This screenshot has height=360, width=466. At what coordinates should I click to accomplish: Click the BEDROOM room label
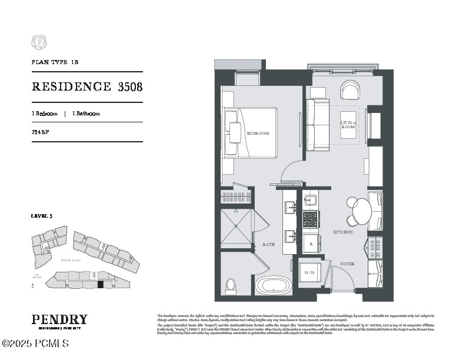pos(258,134)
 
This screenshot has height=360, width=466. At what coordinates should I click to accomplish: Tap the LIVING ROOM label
pos(348,125)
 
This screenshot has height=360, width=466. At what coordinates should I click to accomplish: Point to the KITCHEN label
pos(343,232)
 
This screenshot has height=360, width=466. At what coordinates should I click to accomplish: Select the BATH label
pos(268,244)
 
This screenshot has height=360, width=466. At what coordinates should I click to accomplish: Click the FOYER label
pos(347,264)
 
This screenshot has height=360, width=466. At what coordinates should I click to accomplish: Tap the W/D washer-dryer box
pos(309,273)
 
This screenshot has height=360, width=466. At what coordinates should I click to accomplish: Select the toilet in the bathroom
pos(231,286)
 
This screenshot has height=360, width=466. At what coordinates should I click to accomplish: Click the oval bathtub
pos(274,286)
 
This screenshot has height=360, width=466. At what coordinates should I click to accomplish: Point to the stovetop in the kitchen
pos(310,219)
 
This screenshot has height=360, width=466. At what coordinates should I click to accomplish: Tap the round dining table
pos(361,210)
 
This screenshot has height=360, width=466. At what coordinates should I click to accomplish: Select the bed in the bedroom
pos(249,133)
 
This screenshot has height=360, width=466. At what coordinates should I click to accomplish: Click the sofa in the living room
pos(317,125)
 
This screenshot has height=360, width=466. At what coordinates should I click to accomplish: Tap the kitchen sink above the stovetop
pos(310,201)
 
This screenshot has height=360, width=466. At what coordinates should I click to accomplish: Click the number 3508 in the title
pos(130,87)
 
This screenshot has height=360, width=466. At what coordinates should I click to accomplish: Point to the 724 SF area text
pos(40,132)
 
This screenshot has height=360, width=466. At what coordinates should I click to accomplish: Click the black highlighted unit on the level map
pos(100,284)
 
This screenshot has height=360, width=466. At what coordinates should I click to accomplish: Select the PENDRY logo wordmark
pos(59,319)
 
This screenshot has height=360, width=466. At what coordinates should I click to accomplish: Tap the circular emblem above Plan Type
pos(39,42)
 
